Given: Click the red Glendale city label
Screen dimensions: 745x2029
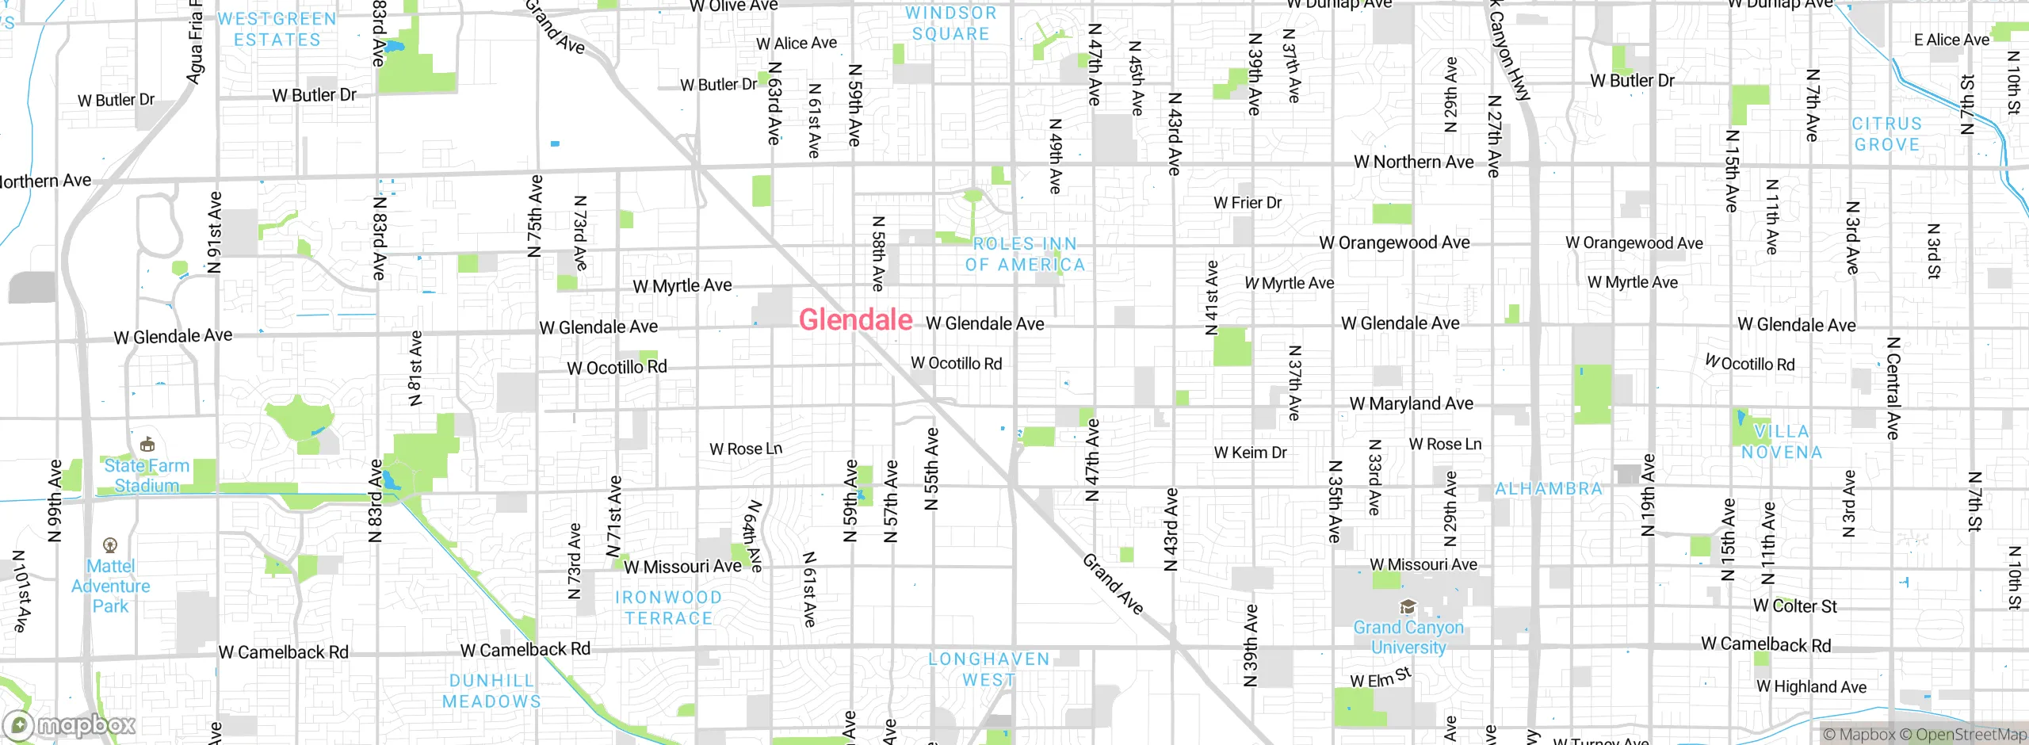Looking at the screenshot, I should pos(856,320).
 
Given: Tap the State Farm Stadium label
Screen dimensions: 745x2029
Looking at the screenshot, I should pos(147,476).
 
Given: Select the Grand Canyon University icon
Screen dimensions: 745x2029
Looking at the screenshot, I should pos(1408,607).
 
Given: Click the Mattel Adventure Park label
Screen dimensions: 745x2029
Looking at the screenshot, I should pos(111,586).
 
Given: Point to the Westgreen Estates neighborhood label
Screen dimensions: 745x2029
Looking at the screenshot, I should pos(277,29).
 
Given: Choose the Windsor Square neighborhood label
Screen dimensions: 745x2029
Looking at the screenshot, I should pos(950,24).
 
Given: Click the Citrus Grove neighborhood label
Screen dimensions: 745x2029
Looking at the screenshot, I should pos(1886,135).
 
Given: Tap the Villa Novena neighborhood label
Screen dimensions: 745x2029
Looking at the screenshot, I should pos(1782,442).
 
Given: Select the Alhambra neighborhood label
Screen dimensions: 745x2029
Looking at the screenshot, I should pos(1549,489).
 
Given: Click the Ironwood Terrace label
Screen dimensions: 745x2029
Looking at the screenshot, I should pos(668,608).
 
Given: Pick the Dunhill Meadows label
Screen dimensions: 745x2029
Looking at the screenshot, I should pos(491,691).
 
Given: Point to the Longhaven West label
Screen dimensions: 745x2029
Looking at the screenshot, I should pos(988,670).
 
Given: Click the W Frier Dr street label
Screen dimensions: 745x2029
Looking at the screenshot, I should pos(1248,203).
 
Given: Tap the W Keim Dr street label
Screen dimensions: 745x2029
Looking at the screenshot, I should pos(1250,453).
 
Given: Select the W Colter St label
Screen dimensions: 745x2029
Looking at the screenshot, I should pos(1794,606).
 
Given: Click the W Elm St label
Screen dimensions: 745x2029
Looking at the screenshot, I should pos(1381,678).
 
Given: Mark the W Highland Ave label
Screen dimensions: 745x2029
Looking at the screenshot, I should pos(1811,687).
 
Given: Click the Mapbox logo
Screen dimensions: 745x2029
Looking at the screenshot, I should pos(70,725).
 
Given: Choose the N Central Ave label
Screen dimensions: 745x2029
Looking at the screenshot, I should pos(1893,388).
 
